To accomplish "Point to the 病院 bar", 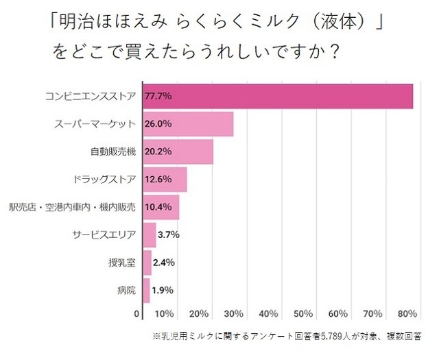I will click(x=145, y=290).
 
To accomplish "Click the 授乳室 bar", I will click(x=147, y=262).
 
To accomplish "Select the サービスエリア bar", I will click(x=149, y=235).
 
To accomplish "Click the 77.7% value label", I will click(x=158, y=96).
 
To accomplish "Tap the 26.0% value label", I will click(x=158, y=124).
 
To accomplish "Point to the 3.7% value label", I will click(x=168, y=235).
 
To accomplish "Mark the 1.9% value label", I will click(x=163, y=290).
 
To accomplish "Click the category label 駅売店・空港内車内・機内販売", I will click(x=73, y=206).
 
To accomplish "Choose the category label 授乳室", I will click(x=122, y=262).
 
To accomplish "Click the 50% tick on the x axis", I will click(x=302, y=314).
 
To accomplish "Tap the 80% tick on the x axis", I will click(x=407, y=314).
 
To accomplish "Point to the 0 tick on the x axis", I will click(x=137, y=314).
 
